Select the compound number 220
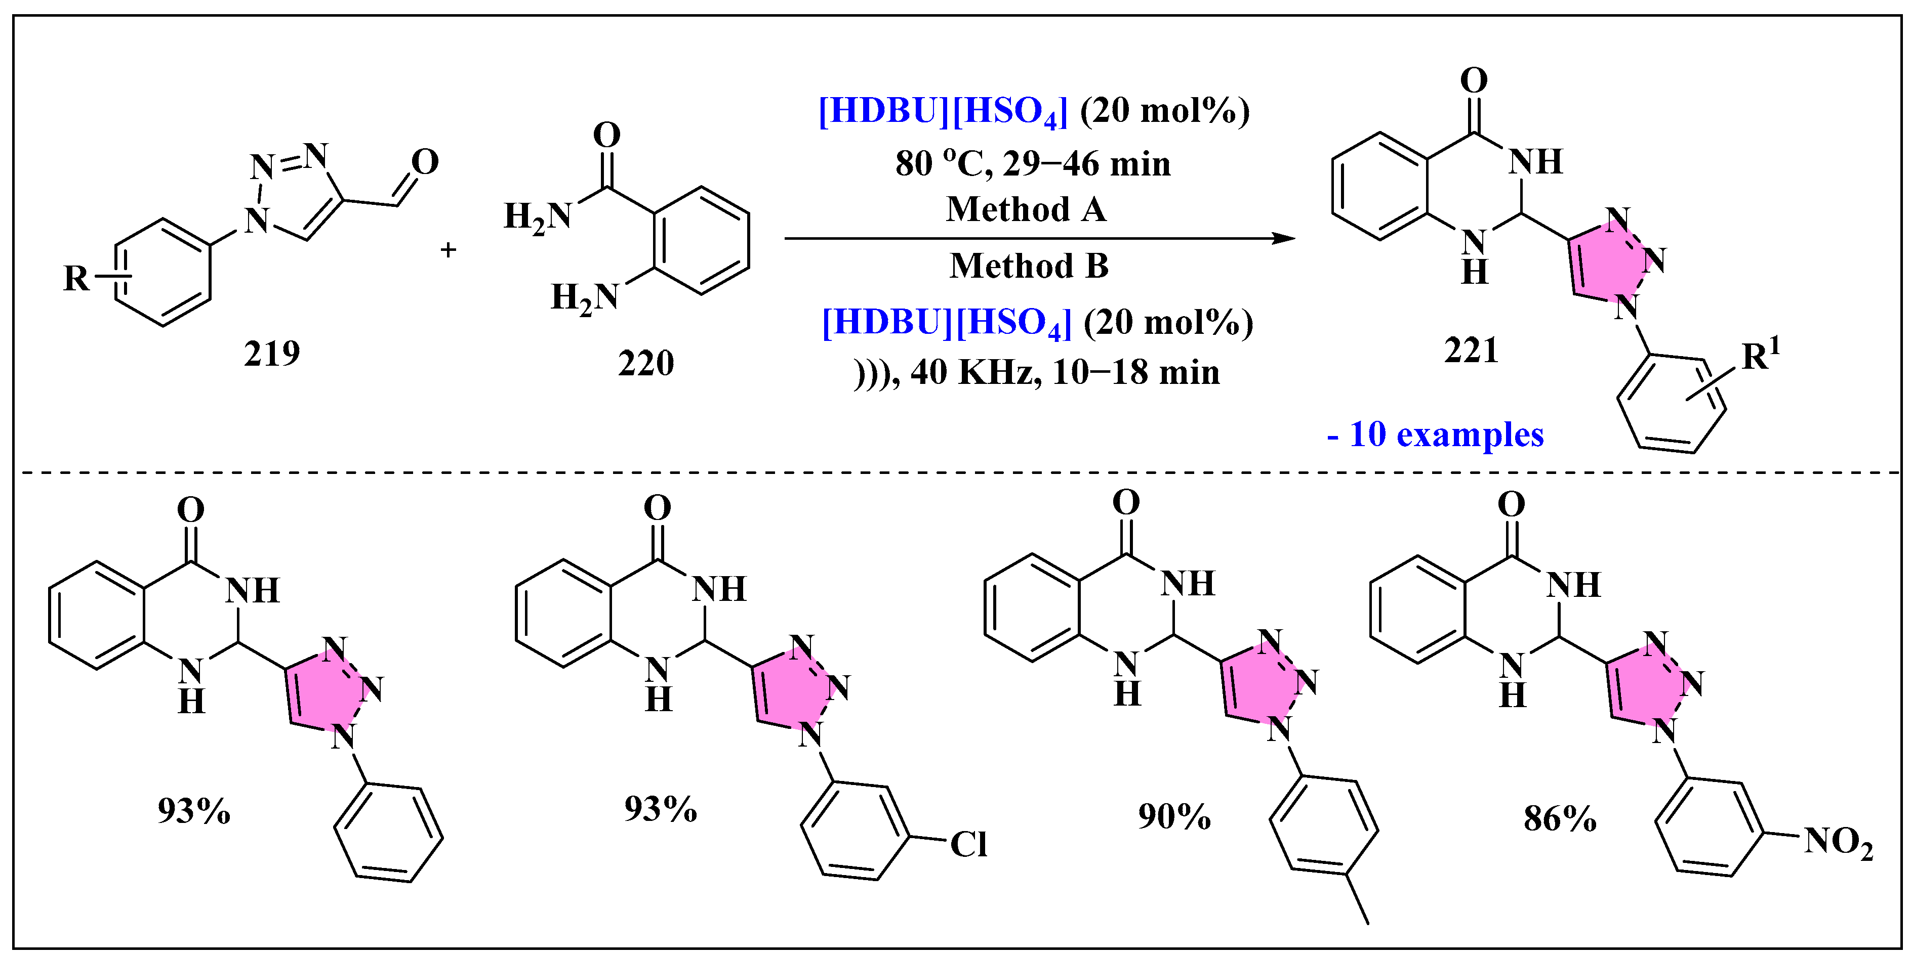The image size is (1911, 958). tap(645, 363)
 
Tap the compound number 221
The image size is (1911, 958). tap(1471, 350)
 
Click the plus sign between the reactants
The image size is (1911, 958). tap(448, 250)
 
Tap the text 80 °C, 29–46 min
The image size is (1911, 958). tap(1033, 164)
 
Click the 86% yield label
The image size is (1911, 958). tap(1559, 818)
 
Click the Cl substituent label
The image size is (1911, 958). tap(968, 844)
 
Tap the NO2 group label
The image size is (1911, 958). tap(1838, 842)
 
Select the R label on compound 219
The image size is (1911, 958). tap(76, 279)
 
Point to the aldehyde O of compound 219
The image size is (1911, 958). tap(425, 162)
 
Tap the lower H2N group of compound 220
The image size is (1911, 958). tap(585, 297)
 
